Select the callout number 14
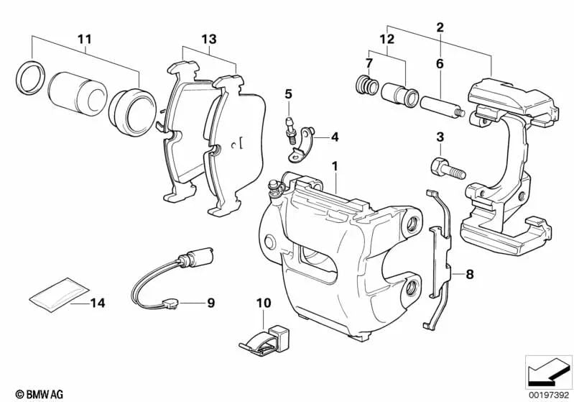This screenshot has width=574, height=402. coord(97,303)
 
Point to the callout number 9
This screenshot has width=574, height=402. coord(211,303)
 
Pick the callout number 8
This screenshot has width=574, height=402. coord(470,273)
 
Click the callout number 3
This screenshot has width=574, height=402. coord(440,137)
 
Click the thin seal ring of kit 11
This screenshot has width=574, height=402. coord(28,77)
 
